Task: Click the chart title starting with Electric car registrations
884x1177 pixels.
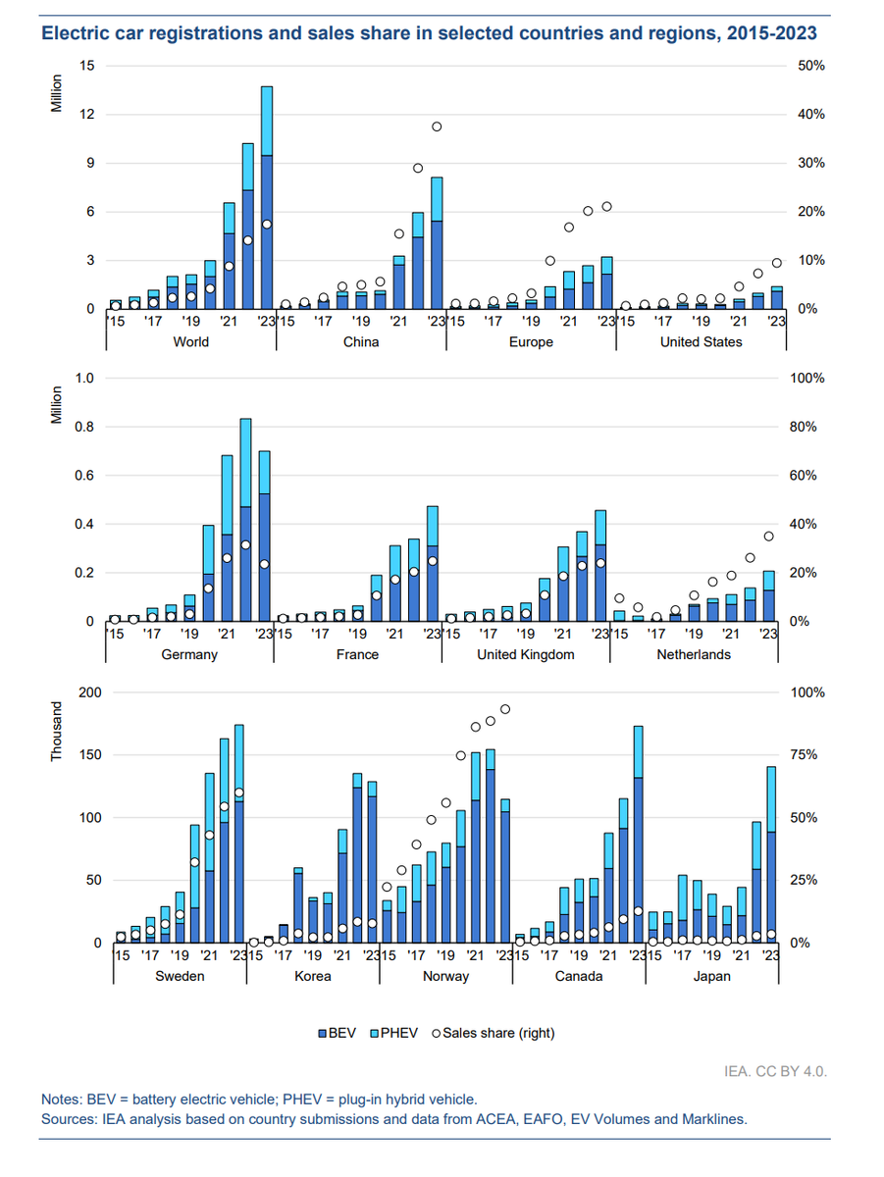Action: click(x=428, y=32)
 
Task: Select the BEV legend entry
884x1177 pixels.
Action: click(x=340, y=1032)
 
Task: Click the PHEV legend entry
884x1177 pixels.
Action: click(x=397, y=1032)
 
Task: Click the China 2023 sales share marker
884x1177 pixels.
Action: click(x=437, y=127)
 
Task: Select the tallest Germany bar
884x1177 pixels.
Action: click(x=245, y=520)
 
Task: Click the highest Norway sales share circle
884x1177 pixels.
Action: click(x=505, y=709)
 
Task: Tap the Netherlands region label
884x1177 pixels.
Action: click(x=694, y=654)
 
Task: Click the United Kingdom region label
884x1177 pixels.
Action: click(x=525, y=654)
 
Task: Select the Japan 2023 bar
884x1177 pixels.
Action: click(x=771, y=854)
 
